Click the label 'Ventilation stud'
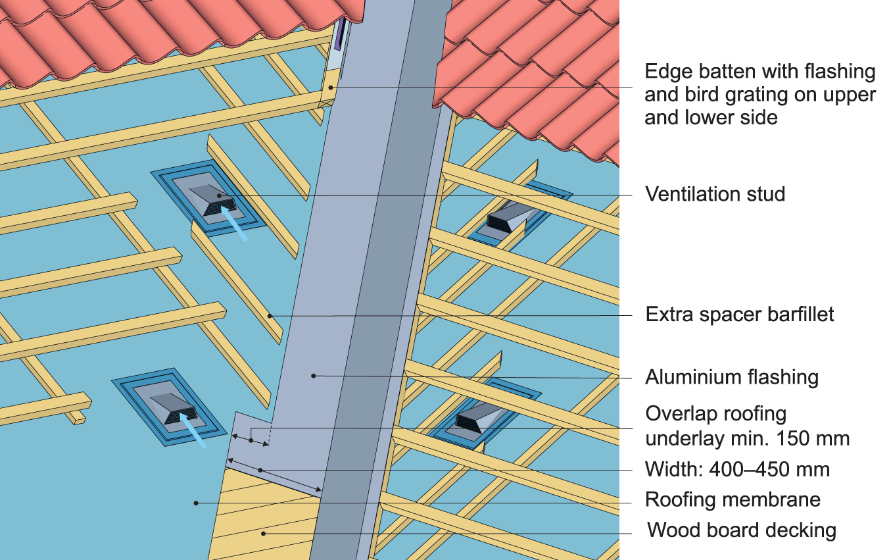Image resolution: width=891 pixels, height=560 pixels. tap(715, 194)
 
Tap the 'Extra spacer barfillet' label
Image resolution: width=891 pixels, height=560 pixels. tap(740, 314)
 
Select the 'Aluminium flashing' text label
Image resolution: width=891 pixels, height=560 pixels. tap(732, 377)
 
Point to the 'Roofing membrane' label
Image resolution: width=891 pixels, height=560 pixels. tap(733, 499)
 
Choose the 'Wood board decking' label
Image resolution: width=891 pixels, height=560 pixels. tap(742, 530)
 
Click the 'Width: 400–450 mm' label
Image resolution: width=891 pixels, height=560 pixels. tap(737, 469)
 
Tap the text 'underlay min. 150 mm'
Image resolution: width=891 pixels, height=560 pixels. tap(748, 438)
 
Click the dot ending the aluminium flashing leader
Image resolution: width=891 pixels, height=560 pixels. tap(314, 376)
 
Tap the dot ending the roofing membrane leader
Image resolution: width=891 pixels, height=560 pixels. tap(195, 503)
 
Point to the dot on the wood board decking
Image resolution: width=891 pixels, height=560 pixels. tap(263, 533)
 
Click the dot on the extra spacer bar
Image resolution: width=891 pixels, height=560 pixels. tap(270, 316)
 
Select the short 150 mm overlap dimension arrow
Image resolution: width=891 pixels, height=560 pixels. tap(251, 440)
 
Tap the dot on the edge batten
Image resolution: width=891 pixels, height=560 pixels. tap(332, 87)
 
